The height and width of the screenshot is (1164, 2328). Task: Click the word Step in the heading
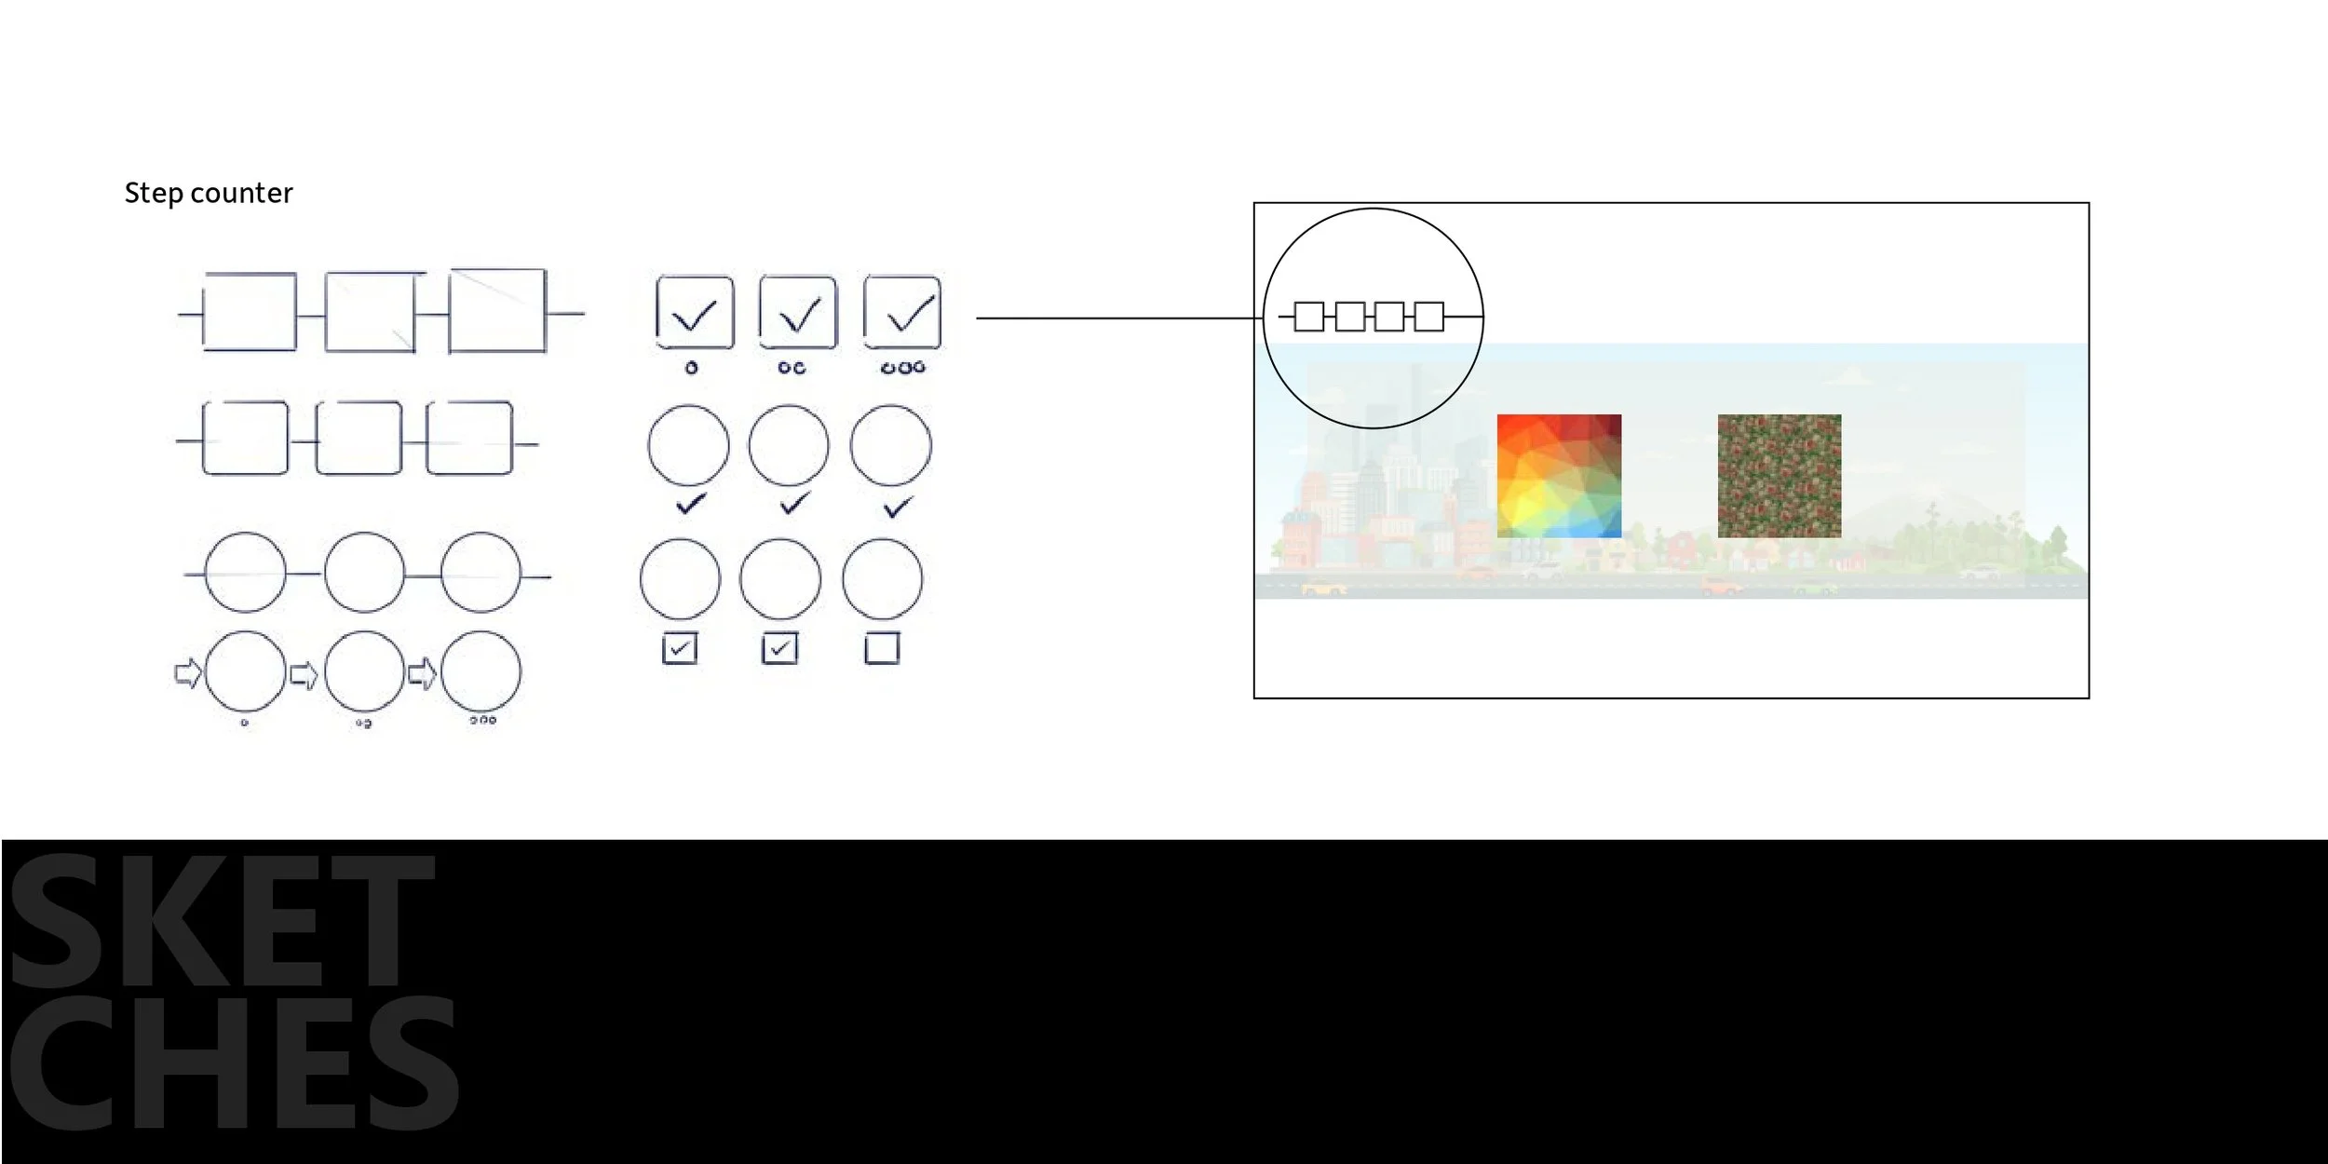tap(153, 194)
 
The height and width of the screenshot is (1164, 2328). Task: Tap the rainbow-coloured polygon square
tap(1559, 476)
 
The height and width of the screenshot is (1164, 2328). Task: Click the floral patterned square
tap(1780, 476)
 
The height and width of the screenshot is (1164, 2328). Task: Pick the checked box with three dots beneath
tap(902, 312)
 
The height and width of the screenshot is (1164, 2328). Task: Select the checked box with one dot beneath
tap(695, 312)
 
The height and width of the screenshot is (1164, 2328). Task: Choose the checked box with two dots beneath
tap(798, 312)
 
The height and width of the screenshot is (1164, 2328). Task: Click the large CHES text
tap(234, 1062)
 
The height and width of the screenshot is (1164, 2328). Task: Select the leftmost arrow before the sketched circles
tap(188, 672)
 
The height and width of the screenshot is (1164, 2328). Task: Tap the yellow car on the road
tap(1324, 588)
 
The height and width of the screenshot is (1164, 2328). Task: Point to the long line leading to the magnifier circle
tap(1119, 318)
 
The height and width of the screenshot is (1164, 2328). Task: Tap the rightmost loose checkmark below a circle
tap(898, 508)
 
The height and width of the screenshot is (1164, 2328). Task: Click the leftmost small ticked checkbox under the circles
tap(680, 648)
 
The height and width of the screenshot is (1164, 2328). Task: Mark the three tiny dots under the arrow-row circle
tap(482, 720)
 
